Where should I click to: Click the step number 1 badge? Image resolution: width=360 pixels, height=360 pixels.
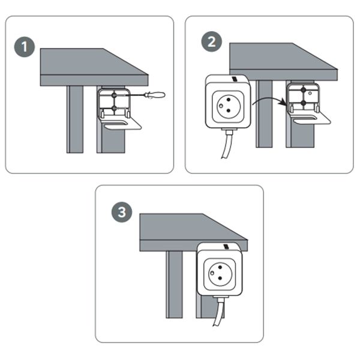tap(25, 47)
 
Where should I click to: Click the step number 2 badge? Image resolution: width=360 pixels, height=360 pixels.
tap(211, 41)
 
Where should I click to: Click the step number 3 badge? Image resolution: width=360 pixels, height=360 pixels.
tap(122, 212)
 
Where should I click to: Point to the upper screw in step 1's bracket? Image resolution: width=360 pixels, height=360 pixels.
tap(114, 95)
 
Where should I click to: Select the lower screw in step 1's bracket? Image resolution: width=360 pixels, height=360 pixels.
tap(114, 108)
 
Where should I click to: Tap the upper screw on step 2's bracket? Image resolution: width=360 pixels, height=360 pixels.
tap(303, 90)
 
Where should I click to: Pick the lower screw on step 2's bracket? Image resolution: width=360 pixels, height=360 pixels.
tap(303, 103)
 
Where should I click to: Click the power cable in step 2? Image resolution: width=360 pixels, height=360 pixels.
tap(227, 145)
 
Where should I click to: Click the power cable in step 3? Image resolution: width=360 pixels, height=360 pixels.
tap(218, 312)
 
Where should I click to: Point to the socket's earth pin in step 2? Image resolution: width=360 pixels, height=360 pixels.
tap(221, 106)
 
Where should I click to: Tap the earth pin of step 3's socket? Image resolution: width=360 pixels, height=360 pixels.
tap(212, 273)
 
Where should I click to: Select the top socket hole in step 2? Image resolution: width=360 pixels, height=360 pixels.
tap(229, 100)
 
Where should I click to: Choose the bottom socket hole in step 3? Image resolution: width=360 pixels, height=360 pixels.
tap(220, 278)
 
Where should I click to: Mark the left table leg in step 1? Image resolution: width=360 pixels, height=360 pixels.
tap(75, 119)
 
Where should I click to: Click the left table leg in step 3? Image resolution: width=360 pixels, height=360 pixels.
tap(174, 284)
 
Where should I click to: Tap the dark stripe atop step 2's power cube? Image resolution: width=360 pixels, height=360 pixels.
tap(235, 79)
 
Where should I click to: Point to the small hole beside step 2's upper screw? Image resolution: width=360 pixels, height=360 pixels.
tap(310, 93)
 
